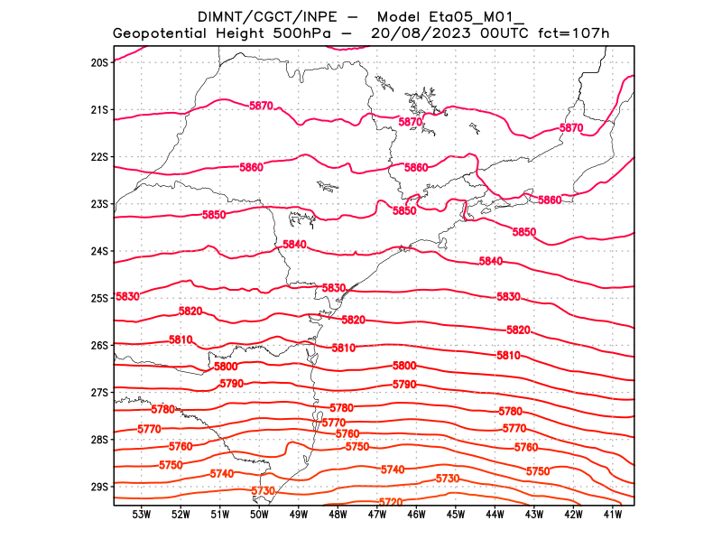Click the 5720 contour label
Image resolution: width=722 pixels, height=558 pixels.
(x=390, y=502)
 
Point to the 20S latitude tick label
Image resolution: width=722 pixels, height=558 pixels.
(x=99, y=62)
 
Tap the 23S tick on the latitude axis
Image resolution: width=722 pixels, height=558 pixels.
(x=99, y=204)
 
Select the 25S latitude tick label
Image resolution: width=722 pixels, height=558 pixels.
(x=99, y=298)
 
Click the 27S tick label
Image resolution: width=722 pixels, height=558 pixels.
(x=99, y=393)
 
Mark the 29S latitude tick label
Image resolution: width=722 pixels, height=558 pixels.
(x=99, y=487)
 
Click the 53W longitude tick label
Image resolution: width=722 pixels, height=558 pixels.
(x=141, y=515)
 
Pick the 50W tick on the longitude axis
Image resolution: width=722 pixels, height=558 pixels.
(x=259, y=515)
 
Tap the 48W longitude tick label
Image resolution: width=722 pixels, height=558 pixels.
(x=338, y=515)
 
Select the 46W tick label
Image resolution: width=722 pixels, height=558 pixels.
(x=416, y=515)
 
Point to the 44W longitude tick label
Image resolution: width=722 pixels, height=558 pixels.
(x=495, y=515)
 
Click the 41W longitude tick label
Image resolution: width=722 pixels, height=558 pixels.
(x=613, y=515)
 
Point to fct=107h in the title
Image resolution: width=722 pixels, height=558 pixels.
(x=574, y=33)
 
